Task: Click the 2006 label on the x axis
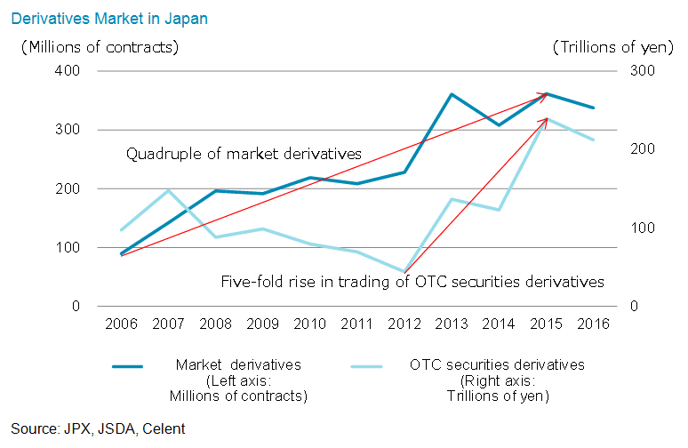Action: (121, 324)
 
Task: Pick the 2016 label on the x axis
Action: (593, 324)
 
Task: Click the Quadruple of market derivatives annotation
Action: (244, 154)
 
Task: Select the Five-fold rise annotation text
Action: (412, 282)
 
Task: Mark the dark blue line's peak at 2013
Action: (452, 93)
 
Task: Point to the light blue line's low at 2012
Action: (404, 271)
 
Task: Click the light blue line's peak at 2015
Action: (547, 118)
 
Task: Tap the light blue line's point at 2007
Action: (168, 190)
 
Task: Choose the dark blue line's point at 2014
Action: (499, 124)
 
